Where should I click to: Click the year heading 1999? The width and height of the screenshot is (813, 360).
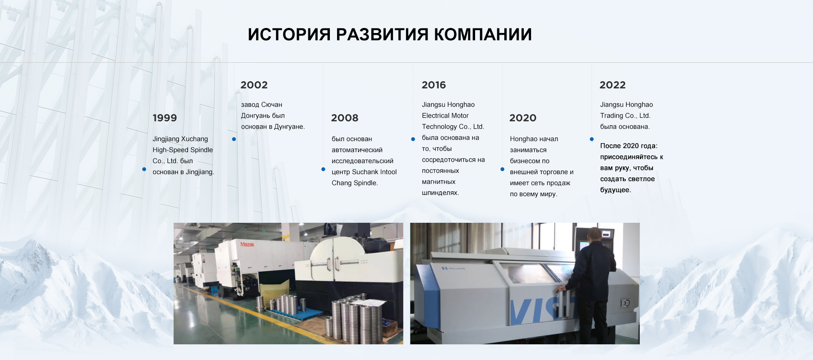tap(165, 118)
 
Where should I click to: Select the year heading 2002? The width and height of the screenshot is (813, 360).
tap(254, 85)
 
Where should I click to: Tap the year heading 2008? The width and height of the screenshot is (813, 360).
tap(345, 118)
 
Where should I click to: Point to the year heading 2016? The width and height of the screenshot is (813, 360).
tap(434, 85)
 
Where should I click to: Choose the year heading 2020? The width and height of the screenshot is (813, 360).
tap(523, 118)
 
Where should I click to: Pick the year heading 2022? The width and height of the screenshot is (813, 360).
tap(612, 85)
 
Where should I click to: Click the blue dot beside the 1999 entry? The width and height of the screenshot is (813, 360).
tap(144, 169)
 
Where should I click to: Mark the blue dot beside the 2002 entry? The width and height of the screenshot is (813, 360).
tap(234, 139)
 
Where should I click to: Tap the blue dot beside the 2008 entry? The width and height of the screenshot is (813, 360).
tap(323, 169)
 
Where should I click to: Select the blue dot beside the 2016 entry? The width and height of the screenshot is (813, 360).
tap(413, 139)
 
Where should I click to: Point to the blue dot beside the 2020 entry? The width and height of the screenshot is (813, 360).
tap(502, 169)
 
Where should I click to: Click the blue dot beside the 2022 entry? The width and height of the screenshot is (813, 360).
tap(592, 139)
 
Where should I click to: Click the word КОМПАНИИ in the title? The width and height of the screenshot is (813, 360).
tap(483, 34)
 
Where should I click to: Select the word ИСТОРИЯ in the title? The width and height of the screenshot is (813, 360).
tap(289, 34)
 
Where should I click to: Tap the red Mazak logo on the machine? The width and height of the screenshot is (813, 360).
tap(247, 244)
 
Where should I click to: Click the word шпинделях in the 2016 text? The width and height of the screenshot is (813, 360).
tap(440, 193)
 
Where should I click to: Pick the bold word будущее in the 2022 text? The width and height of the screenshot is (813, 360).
tap(615, 190)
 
